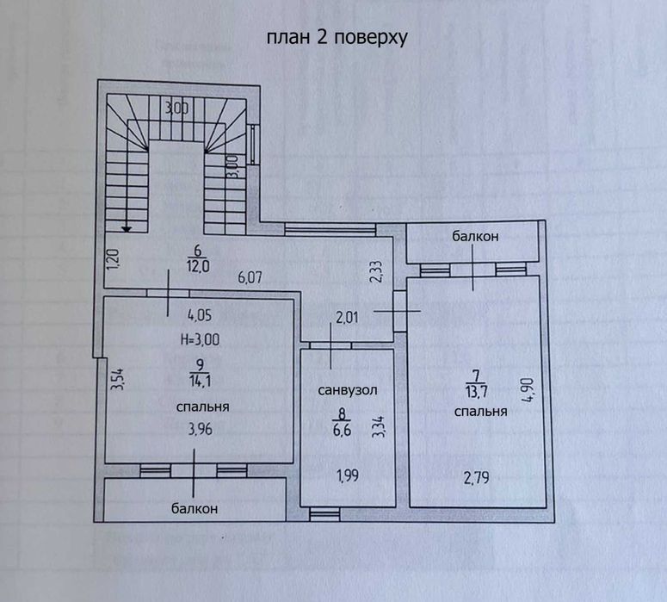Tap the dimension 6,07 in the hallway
pos(250,278)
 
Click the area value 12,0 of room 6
pos(200,266)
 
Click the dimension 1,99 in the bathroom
pos(346,474)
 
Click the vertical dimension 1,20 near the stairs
pos(112,258)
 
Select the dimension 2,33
pos(374,273)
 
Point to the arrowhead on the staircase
pos(127,229)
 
